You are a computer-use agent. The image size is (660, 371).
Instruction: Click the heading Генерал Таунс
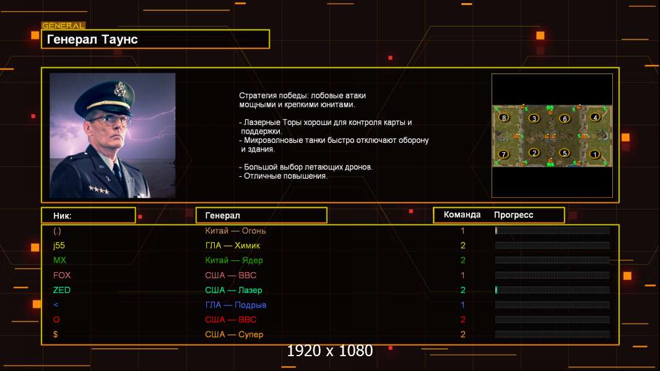coord(92,40)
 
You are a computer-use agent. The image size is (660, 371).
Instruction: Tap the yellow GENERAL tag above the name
coord(64,25)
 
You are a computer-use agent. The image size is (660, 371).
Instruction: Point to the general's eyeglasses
coord(110,120)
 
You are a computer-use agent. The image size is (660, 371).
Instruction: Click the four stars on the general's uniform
coord(99,190)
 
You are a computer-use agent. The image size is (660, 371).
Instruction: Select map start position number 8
coord(504,117)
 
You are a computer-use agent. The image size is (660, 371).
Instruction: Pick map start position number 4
coord(595,117)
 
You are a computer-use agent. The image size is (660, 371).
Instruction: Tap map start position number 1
coord(595,154)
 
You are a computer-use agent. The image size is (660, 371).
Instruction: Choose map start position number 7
coord(503,154)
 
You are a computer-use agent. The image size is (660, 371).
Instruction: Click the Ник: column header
coord(63,216)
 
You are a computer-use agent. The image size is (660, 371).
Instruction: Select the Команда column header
coord(462,215)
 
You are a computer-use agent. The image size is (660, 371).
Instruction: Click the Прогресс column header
coord(513,215)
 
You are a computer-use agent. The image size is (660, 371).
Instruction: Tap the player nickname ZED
coord(61,290)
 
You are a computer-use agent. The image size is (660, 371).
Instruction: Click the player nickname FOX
coord(62,275)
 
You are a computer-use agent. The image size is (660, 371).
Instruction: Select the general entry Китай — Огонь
coord(235,231)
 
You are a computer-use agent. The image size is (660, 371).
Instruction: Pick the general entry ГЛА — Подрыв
coord(236,305)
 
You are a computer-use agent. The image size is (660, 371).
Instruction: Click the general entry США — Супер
coord(234,335)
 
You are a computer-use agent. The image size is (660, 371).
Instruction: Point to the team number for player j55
coord(462,245)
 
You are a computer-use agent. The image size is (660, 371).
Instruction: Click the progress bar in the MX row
coord(552,260)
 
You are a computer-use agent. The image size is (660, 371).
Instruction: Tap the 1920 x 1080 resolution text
coord(330,351)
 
